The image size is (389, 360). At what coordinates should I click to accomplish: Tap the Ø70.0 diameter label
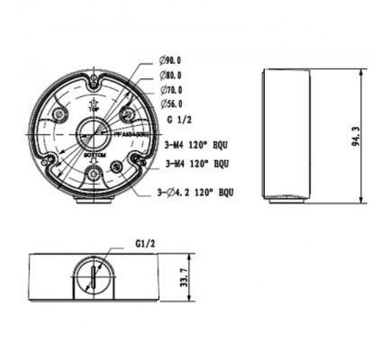click(x=171, y=90)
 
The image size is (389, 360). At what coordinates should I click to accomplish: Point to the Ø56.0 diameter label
click(x=171, y=103)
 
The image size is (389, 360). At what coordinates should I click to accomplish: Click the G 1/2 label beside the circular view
click(x=178, y=121)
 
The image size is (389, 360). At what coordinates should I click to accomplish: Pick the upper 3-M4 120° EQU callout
click(x=196, y=146)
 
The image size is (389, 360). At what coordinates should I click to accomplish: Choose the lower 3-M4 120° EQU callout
click(x=197, y=163)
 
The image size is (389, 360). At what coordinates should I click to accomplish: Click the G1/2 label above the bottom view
click(x=145, y=243)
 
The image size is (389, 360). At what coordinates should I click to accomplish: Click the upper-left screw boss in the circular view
click(x=58, y=115)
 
